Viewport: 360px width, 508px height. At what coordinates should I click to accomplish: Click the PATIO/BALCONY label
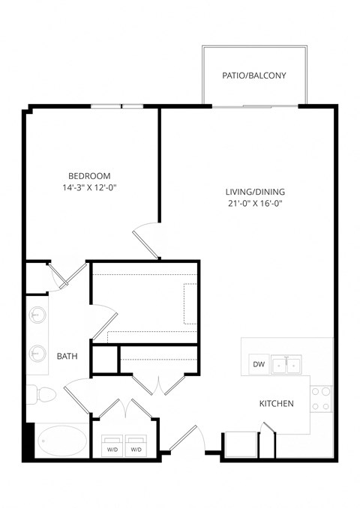pyautogui.click(x=253, y=76)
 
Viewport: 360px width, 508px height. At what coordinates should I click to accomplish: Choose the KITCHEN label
pyautogui.click(x=276, y=404)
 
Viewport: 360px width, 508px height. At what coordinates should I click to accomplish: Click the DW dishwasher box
pyautogui.click(x=259, y=365)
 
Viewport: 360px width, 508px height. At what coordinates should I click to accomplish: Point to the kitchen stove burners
pyautogui.click(x=321, y=398)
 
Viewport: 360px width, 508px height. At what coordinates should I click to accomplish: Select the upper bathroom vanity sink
pyautogui.click(x=37, y=316)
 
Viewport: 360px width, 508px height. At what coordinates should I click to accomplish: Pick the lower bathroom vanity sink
pyautogui.click(x=37, y=351)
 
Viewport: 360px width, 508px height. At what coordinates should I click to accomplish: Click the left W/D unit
pyautogui.click(x=113, y=444)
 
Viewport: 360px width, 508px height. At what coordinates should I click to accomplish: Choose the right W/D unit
pyautogui.click(x=136, y=444)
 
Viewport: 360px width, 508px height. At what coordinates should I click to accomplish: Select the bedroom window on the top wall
pyautogui.click(x=117, y=106)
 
